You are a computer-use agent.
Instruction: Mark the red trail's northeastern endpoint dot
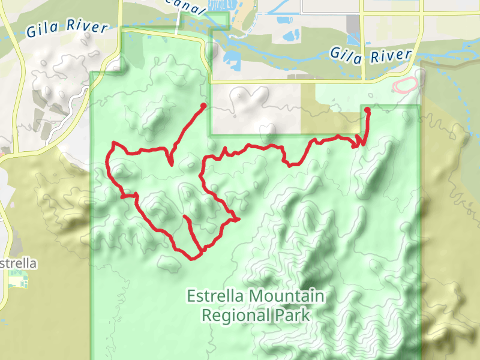[x=367, y=110]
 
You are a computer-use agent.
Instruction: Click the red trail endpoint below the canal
[x=203, y=106]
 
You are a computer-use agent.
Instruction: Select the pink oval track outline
[x=405, y=85]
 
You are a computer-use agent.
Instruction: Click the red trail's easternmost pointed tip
[x=239, y=219]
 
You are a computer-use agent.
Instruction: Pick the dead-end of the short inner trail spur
[x=184, y=217]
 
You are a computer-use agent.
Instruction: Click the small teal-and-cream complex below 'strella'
[x=18, y=279]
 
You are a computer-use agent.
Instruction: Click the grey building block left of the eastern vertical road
[x=352, y=25]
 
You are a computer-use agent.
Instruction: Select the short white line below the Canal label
[x=178, y=24]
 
